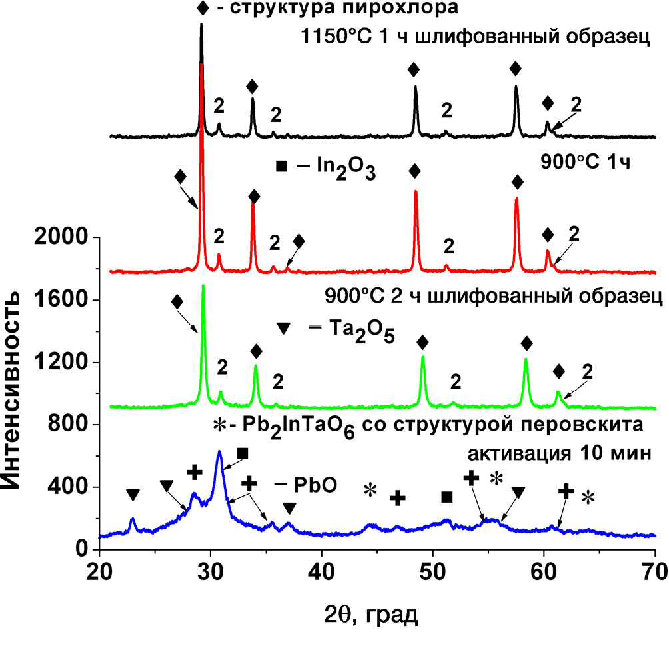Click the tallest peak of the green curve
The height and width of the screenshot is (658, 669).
pos(203,287)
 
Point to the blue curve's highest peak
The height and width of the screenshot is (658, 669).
pos(219,452)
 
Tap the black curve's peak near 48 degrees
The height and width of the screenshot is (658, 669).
pos(416,87)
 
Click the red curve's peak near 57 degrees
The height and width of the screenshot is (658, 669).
pos(516,199)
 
